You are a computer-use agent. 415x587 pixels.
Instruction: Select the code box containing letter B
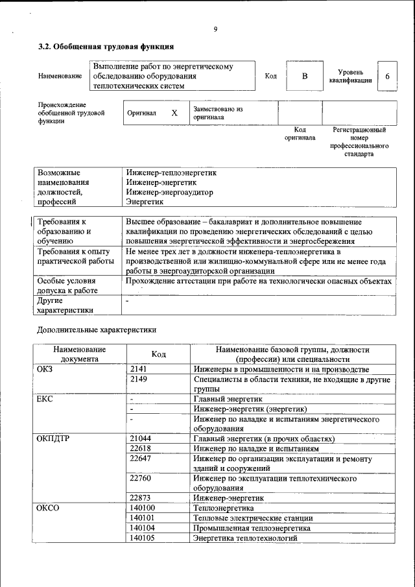(304, 77)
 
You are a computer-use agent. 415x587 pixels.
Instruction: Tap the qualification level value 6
(387, 77)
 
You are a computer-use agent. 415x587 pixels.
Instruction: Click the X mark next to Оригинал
(174, 113)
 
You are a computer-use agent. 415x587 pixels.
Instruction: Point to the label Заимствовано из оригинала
(218, 114)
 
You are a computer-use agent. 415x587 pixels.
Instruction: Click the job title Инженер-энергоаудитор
(169, 193)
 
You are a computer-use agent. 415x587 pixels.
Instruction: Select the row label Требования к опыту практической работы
(74, 256)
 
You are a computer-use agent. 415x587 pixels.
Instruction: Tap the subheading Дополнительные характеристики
(97, 330)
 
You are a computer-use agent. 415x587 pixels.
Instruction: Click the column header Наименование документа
(80, 353)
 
